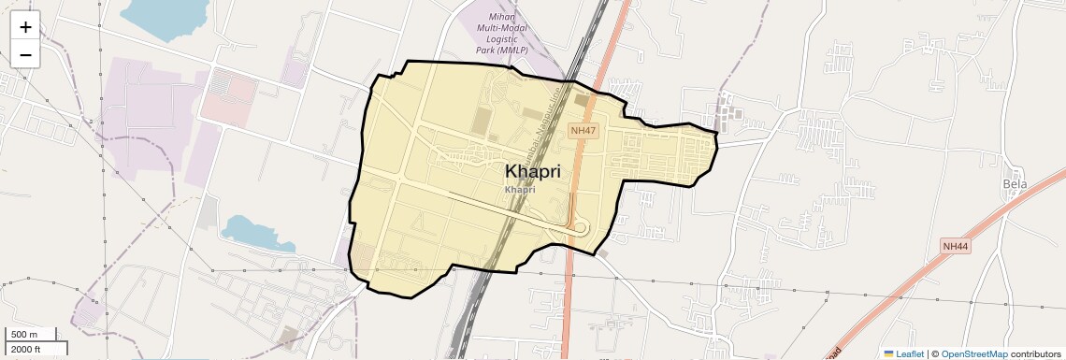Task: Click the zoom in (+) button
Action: tap(25, 27)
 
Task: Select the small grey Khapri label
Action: tap(520, 189)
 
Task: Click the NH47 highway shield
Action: tap(583, 131)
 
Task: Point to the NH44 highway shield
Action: tap(955, 246)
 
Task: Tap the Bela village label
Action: tap(1015, 184)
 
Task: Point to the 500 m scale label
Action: tap(23, 335)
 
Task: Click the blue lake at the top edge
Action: tap(164, 17)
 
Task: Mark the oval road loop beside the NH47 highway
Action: tap(580, 227)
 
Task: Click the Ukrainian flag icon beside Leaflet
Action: tap(889, 353)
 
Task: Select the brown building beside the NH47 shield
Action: tap(582, 100)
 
